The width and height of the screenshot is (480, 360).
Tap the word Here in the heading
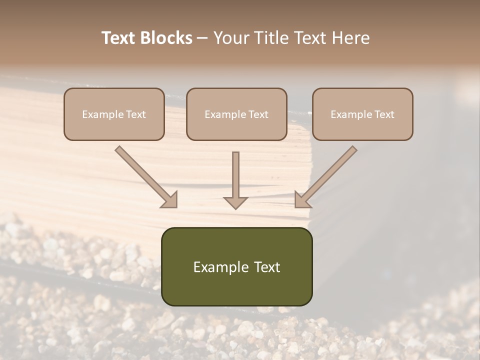point(349,38)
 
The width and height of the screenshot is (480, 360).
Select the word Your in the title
point(230,38)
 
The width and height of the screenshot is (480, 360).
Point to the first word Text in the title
point(119,38)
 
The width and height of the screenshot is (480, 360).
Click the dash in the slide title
point(202,38)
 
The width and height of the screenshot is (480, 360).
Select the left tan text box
point(114,114)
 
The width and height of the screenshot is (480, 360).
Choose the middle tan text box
point(236,114)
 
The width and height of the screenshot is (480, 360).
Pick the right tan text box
point(362,114)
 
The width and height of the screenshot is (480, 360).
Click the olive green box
point(236,266)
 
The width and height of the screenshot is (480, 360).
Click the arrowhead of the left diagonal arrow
point(169,199)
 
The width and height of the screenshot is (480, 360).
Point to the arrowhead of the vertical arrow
point(235,202)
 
